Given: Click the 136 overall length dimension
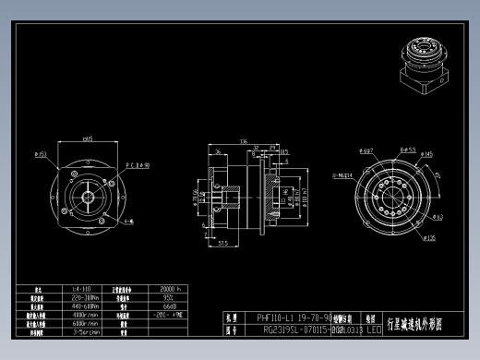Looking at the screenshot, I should tap(245, 141).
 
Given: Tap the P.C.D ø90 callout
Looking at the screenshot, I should tap(138, 166).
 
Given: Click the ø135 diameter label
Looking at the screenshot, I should tap(428, 238).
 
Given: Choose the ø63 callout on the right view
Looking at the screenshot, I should tap(438, 218).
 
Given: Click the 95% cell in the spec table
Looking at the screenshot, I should tap(168, 296).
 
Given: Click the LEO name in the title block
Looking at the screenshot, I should tap(374, 328).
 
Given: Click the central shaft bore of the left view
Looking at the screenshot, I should tap(84, 195).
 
